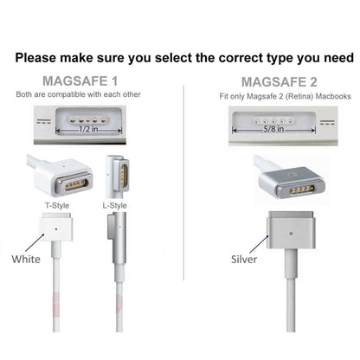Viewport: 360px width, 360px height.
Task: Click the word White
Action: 26,259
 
